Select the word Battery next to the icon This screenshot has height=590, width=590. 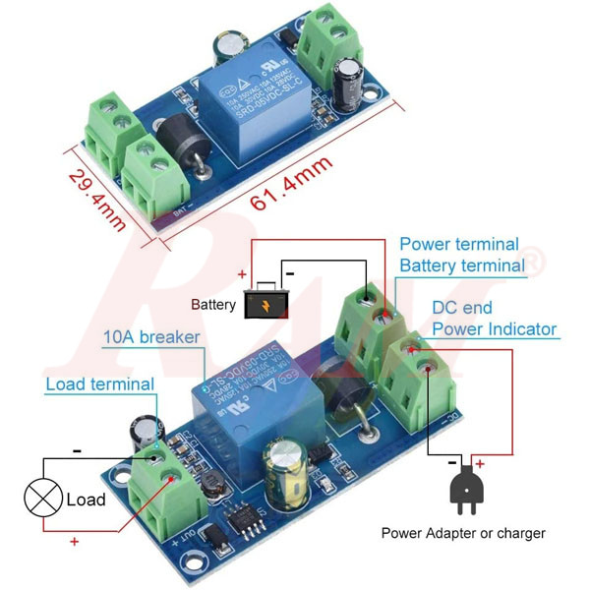[213, 305]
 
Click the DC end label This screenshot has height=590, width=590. [462, 308]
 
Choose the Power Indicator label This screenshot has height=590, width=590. [494, 329]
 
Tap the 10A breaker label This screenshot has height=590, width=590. [151, 337]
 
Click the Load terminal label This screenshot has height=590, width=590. [99, 383]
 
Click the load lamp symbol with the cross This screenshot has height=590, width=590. [42, 499]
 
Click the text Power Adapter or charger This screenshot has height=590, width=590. [463, 534]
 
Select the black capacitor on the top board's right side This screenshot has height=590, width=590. [350, 85]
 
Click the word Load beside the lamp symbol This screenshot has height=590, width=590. [86, 500]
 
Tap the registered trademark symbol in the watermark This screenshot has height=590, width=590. [531, 263]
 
